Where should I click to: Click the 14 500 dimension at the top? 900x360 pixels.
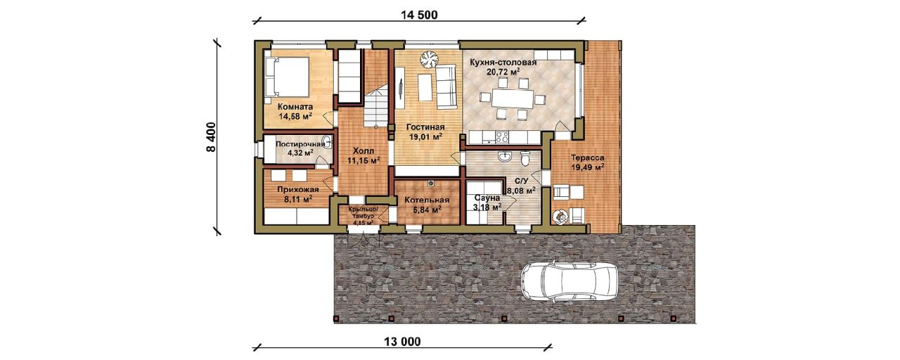point(419,15)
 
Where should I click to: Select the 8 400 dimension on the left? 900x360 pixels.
point(212,137)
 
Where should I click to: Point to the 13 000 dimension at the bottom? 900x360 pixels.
point(403,342)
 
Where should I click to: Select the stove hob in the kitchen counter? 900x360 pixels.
point(502,137)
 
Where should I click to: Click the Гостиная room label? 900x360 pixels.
point(425,127)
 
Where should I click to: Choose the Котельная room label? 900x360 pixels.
point(427,200)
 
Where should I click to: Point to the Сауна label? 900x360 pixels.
point(487,198)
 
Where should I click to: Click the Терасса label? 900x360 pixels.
point(588,158)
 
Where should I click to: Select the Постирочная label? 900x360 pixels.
point(300,144)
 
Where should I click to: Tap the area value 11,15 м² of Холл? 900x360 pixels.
point(364,161)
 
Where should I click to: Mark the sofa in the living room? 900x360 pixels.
point(446,86)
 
